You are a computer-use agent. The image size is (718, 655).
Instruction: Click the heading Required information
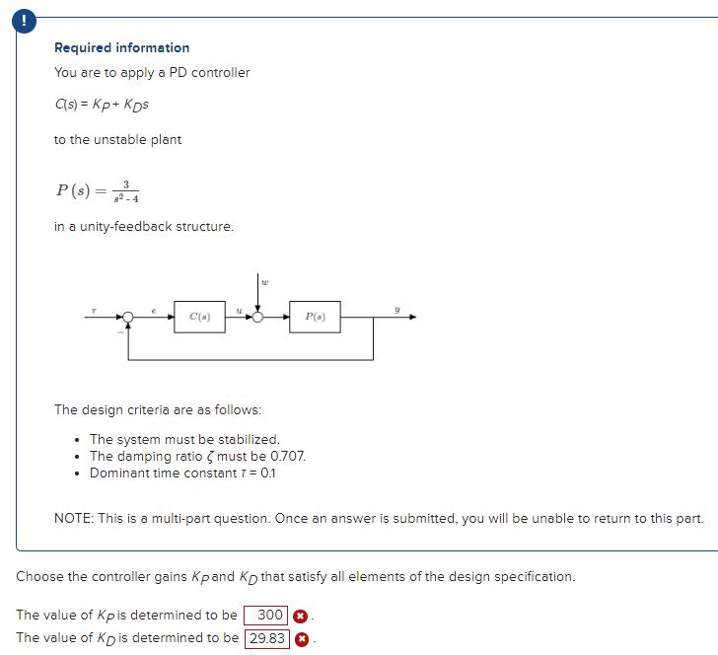[121, 47]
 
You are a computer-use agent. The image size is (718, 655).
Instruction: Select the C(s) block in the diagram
[199, 318]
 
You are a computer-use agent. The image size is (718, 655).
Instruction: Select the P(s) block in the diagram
[315, 318]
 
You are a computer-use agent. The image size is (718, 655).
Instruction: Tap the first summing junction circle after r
[128, 318]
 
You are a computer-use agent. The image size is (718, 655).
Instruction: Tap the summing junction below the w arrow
[258, 318]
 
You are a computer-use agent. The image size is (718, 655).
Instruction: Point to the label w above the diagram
[263, 281]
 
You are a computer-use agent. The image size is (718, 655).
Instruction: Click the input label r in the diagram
[95, 310]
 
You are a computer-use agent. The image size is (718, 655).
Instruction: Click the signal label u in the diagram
[240, 310]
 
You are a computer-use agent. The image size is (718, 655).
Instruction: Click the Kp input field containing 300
[268, 616]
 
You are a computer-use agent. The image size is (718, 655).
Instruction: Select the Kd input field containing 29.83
[266, 638]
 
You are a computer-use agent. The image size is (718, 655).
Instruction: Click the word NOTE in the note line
[72, 518]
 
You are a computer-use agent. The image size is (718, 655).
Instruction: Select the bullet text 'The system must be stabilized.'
[184, 439]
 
